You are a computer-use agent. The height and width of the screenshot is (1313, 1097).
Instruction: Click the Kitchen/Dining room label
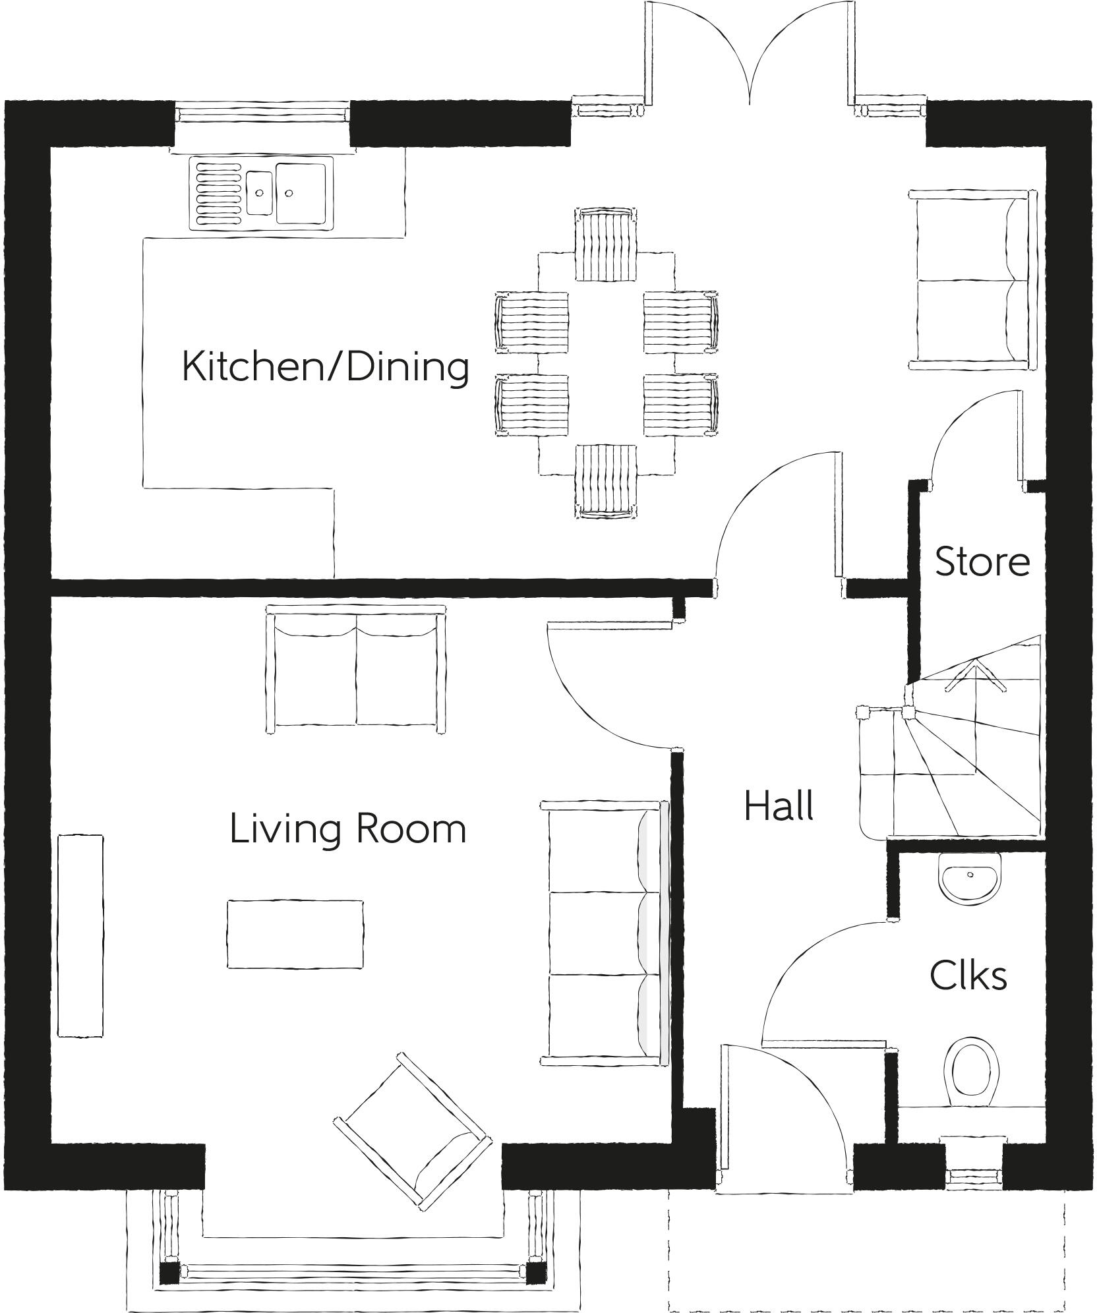click(325, 366)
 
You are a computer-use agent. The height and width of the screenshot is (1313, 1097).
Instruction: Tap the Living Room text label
click(348, 829)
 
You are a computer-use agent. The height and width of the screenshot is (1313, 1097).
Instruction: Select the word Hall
click(779, 805)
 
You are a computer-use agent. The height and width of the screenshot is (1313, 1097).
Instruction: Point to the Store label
click(982, 561)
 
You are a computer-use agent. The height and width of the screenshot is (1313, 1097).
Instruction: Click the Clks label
click(968, 975)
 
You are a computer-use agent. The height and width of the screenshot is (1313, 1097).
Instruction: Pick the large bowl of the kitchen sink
click(301, 193)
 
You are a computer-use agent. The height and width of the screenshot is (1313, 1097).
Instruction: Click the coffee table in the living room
click(295, 934)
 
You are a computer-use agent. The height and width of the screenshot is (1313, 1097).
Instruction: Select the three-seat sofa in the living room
click(605, 936)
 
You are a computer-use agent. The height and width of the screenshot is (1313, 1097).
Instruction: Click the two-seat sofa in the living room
click(355, 669)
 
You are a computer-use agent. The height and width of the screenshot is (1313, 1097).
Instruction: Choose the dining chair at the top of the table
click(606, 244)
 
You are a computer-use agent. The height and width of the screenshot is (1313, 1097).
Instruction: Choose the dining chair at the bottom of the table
click(606, 482)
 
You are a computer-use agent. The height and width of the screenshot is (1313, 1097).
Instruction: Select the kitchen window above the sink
click(263, 113)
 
